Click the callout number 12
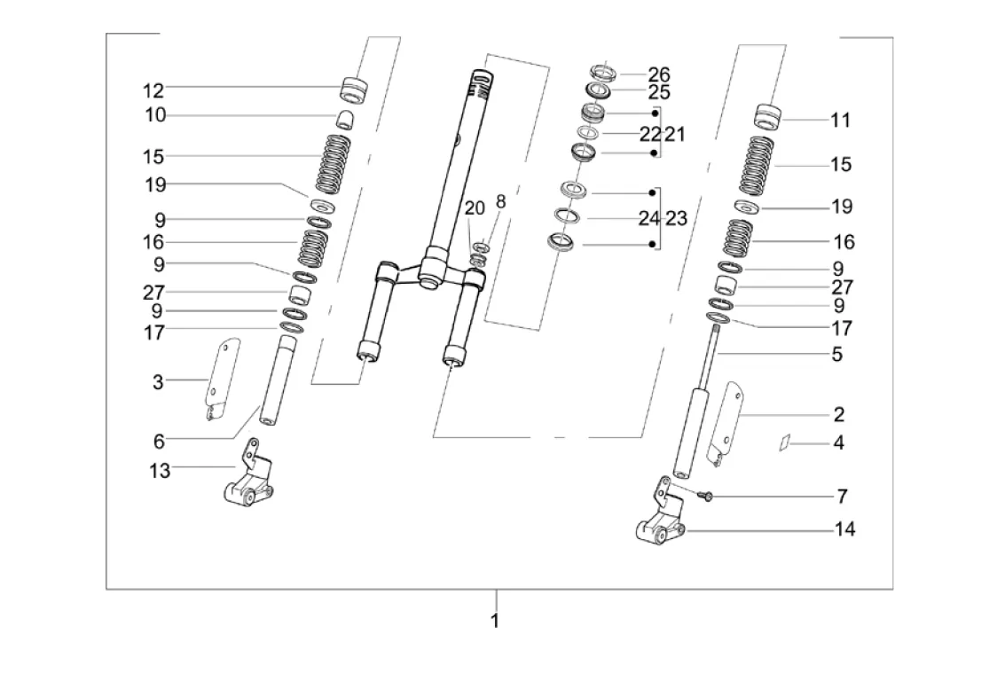[153, 90]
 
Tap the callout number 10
[155, 115]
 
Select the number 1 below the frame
[495, 621]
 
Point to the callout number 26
[659, 74]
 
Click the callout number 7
[843, 496]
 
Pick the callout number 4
[839, 442]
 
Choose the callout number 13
[160, 471]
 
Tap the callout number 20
[475, 207]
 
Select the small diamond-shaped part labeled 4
[785, 442]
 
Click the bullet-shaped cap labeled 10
[344, 119]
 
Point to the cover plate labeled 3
[221, 378]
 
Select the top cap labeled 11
[767, 116]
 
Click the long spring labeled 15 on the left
[335, 164]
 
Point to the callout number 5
[836, 354]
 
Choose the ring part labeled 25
[598, 90]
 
